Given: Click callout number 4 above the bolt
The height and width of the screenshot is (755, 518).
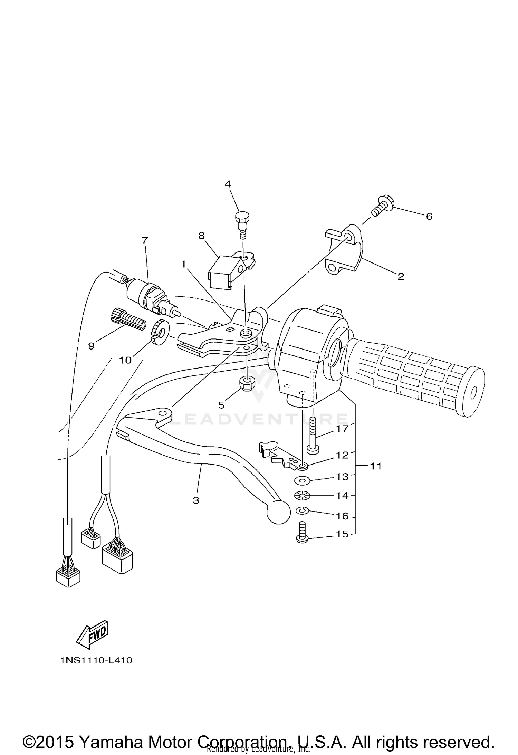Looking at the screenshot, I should point(228,184).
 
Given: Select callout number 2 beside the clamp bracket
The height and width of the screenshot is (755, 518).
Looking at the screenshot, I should point(401,276).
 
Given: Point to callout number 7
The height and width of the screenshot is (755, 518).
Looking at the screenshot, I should point(145,240).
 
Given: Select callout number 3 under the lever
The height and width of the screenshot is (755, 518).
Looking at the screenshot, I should point(196,500).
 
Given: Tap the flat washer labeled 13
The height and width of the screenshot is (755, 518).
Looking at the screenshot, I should point(302,480).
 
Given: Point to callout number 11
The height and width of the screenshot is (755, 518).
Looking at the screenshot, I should point(376,466).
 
